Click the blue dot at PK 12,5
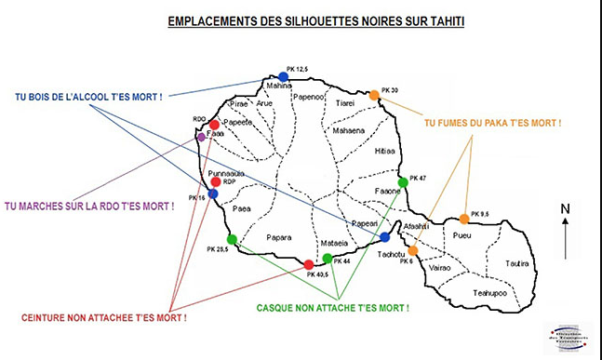click(x=284, y=76)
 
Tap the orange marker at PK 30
click(x=374, y=95)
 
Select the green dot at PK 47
click(x=402, y=182)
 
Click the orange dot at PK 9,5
click(x=464, y=220)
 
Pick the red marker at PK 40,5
click(x=309, y=265)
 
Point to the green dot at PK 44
click(x=327, y=258)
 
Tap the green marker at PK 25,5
click(x=232, y=240)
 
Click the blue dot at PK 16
click(x=213, y=193)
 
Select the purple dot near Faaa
click(x=201, y=137)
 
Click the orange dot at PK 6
click(x=413, y=250)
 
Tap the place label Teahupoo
click(x=488, y=292)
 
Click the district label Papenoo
click(x=308, y=96)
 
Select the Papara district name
click(x=279, y=236)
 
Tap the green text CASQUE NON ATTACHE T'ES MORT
click(x=332, y=306)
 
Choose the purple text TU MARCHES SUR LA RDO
click(x=89, y=206)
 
